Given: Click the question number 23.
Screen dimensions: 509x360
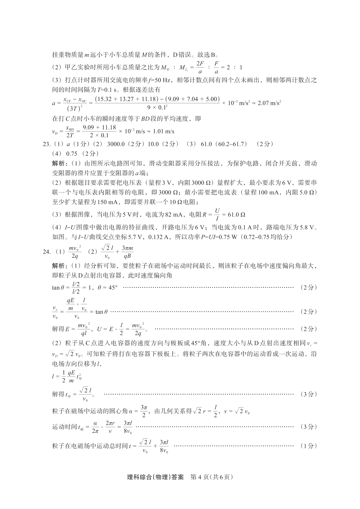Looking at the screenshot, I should (47, 144).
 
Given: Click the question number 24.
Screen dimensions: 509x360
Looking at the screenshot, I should (47, 252).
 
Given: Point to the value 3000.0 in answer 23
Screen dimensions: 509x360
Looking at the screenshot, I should (116, 144).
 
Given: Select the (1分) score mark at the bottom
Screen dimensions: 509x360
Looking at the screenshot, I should (308, 446).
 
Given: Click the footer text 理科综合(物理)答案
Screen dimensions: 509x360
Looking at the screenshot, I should (155, 477).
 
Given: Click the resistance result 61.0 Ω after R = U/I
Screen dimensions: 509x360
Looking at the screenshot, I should (237, 215).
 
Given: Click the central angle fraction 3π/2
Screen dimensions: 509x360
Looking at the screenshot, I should (144, 411).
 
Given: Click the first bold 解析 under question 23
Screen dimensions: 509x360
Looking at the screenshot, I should (58, 163).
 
